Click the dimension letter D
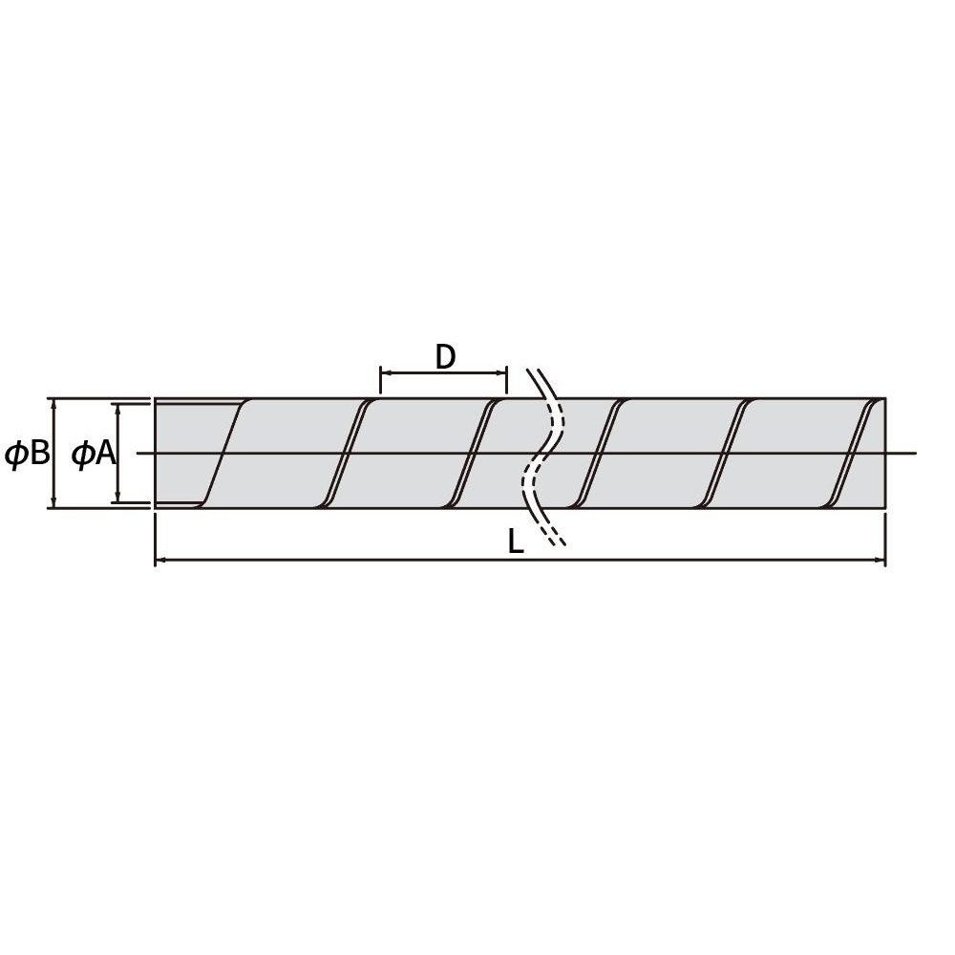pos(445,357)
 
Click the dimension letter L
pos(516,541)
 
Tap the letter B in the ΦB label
pos(39,453)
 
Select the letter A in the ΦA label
pos(105,454)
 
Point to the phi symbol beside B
pos(16,455)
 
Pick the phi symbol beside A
pos(81,455)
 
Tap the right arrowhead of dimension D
pos(501,372)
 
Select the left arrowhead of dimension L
pos(160,560)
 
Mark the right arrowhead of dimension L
pos(880,560)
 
